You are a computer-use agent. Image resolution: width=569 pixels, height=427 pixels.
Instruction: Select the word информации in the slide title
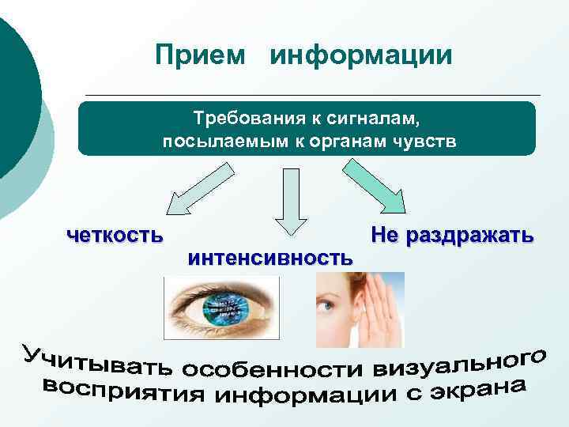point(361,56)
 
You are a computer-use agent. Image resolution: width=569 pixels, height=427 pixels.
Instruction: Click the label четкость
point(116,234)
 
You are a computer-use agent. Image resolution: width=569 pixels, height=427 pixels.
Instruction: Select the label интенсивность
point(270,257)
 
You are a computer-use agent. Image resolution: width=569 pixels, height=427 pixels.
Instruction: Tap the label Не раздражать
point(451,236)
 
